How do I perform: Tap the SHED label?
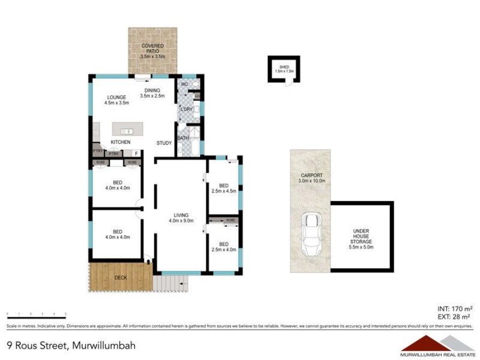tap(284, 66)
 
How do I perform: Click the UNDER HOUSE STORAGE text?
tap(361, 236)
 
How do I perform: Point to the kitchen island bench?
tap(126, 131)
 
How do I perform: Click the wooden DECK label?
tap(121, 277)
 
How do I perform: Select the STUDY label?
tap(164, 143)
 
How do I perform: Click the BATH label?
tap(182, 139)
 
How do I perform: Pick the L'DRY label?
tap(186, 109)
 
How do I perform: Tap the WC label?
tap(185, 85)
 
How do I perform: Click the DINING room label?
tap(152, 91)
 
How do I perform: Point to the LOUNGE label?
tap(116, 98)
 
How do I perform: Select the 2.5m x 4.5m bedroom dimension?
tap(224, 192)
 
